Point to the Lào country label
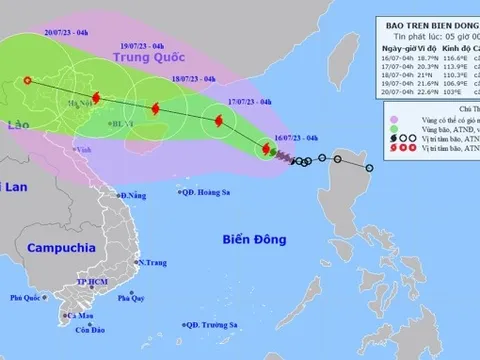(x=14, y=127)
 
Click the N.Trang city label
(x=152, y=262)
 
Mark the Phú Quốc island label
(x=29, y=298)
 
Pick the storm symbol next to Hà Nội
(x=96, y=98)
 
